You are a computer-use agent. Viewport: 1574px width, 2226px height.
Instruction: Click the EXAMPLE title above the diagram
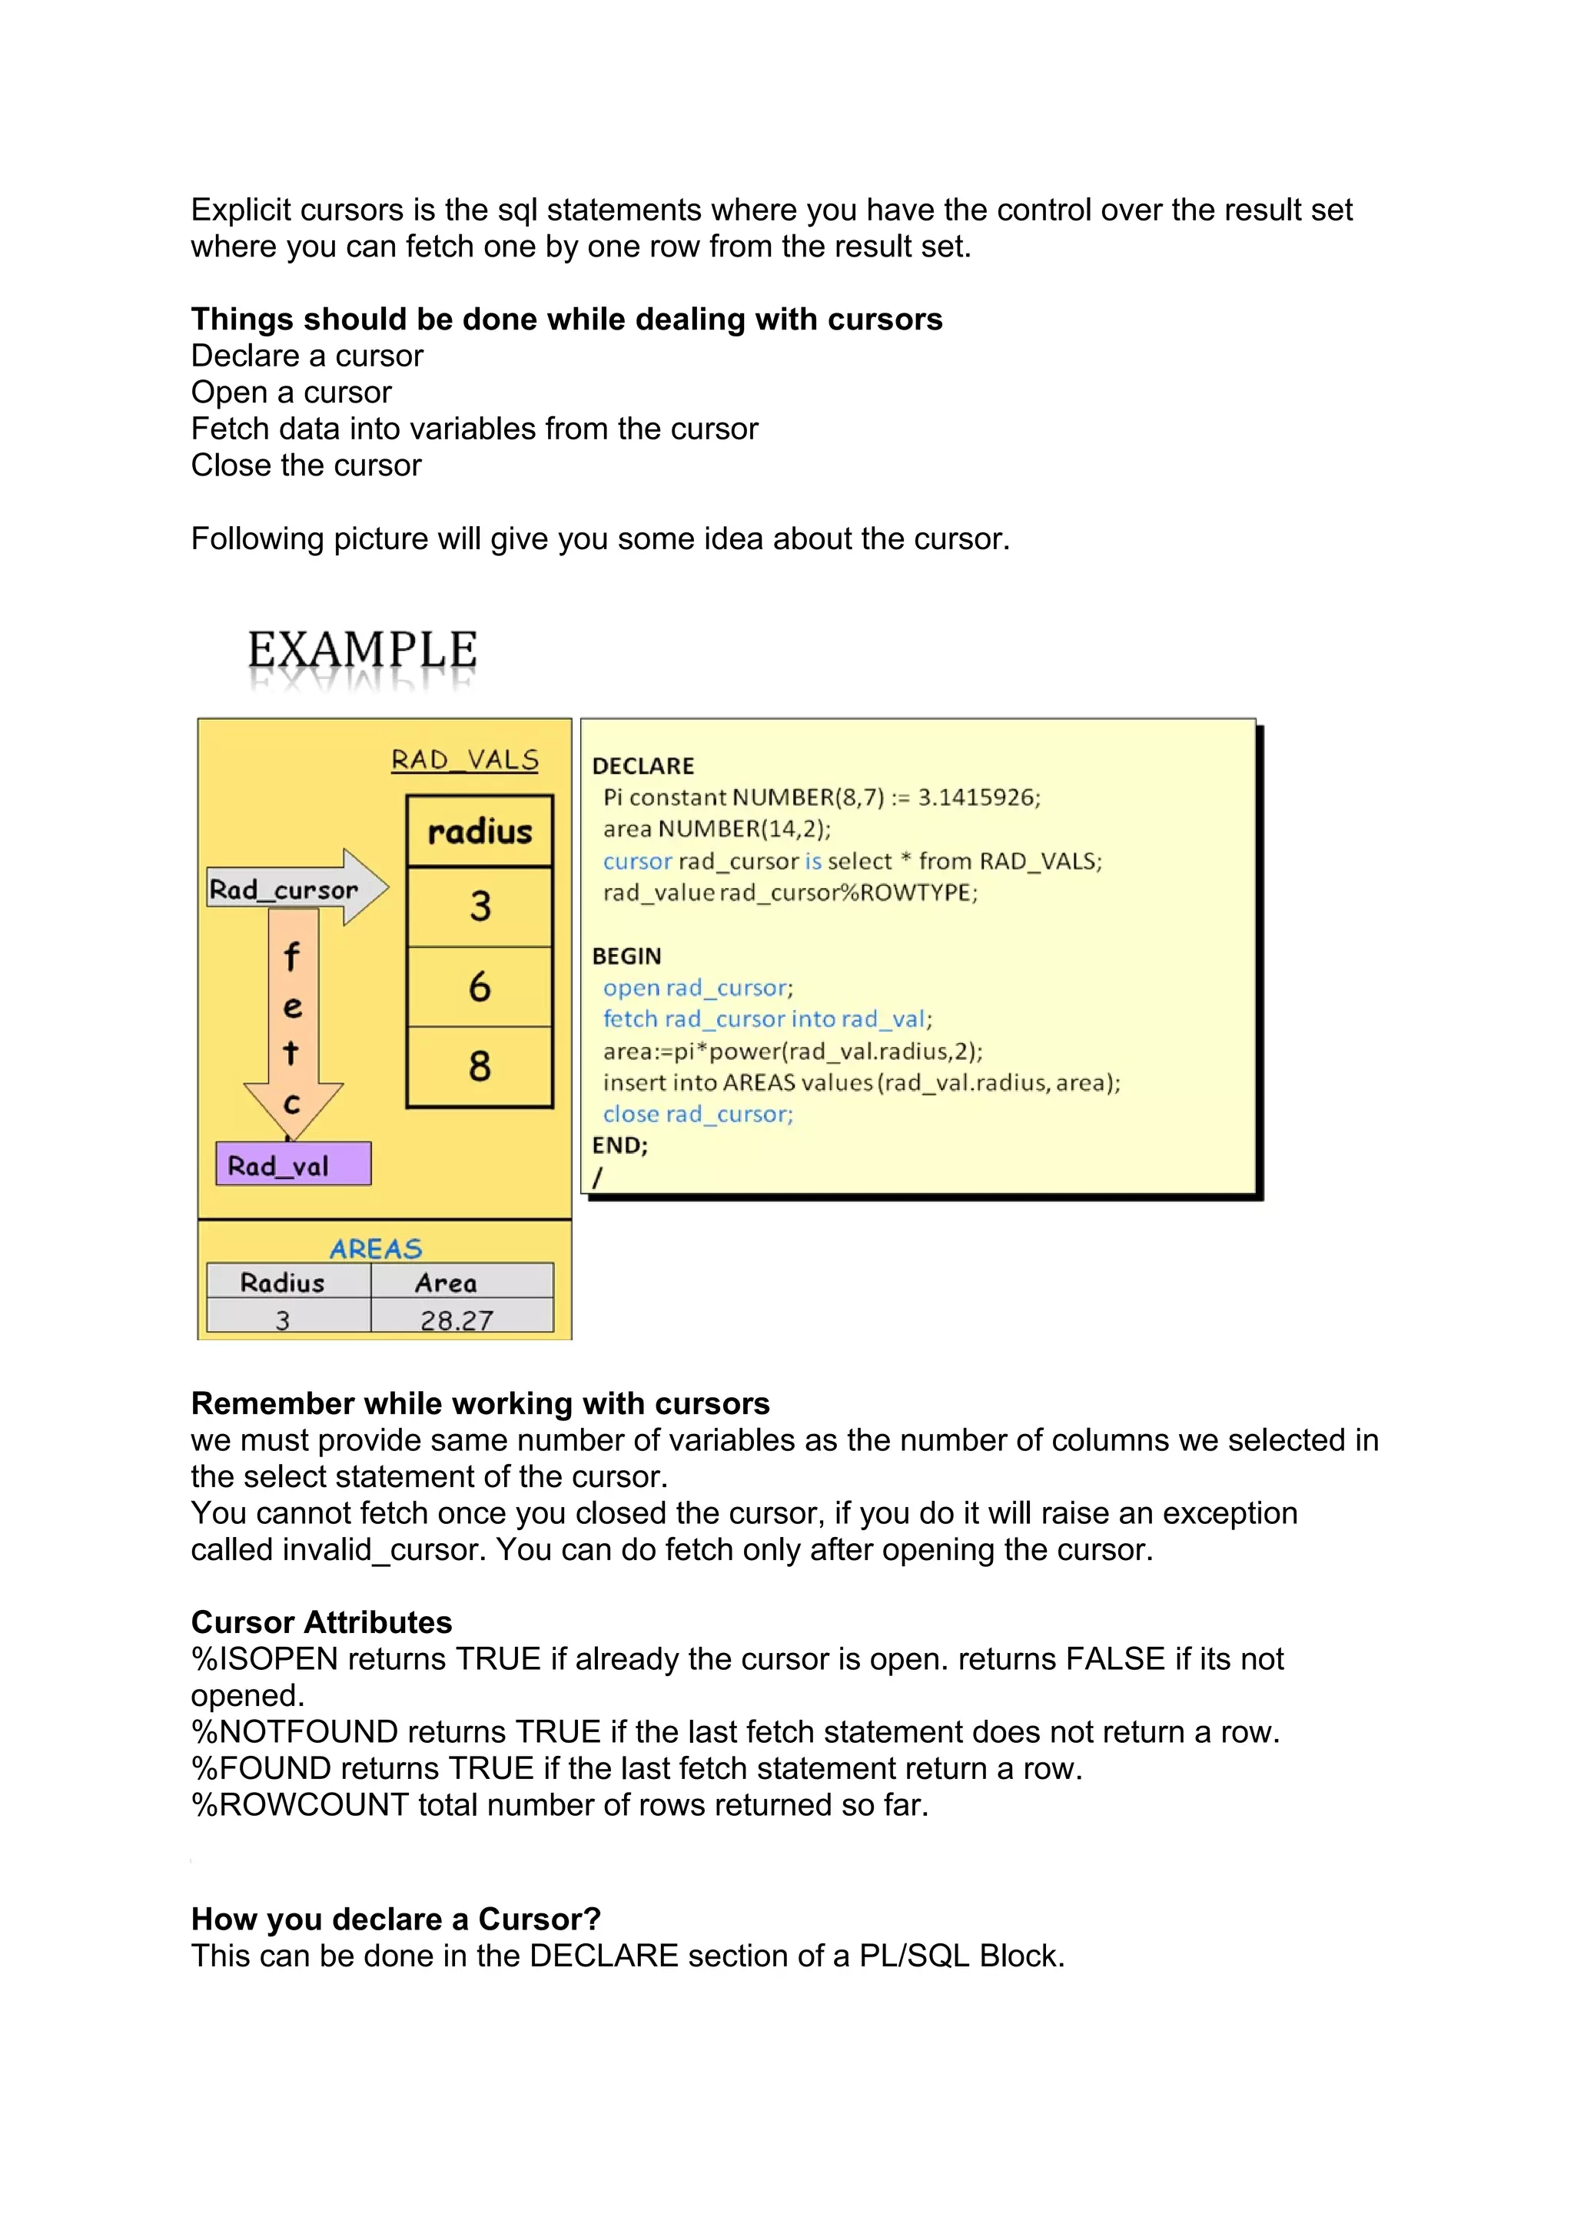(x=362, y=650)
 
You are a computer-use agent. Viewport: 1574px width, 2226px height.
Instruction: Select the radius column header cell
(x=480, y=832)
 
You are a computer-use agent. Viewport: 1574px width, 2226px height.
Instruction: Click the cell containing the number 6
(x=480, y=987)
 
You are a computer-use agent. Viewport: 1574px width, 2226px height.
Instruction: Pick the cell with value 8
(x=480, y=1066)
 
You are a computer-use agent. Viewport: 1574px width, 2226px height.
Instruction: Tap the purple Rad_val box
(x=293, y=1164)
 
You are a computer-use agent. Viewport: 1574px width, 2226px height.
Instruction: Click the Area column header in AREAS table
(x=446, y=1283)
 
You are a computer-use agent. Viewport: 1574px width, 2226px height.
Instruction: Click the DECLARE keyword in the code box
(x=643, y=766)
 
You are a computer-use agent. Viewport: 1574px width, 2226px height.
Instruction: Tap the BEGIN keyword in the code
(x=626, y=956)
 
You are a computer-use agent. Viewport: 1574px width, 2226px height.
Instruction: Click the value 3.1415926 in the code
(x=978, y=797)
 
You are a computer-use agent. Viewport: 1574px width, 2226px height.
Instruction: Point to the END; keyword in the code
(x=619, y=1145)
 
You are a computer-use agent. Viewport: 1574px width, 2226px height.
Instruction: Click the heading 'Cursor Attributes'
(x=321, y=1622)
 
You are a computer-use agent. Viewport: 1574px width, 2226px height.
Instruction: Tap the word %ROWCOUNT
(x=300, y=1804)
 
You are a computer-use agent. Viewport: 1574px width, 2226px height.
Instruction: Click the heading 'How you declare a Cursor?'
(x=396, y=1919)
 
